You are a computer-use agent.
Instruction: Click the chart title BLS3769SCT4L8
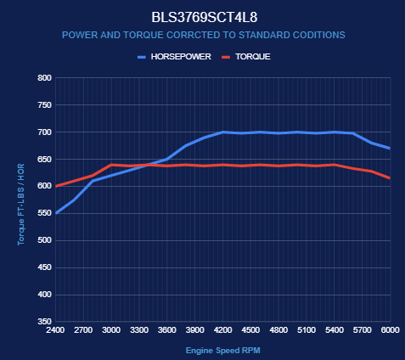205,17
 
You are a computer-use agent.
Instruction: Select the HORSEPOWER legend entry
174,57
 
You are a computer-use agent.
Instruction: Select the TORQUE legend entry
246,57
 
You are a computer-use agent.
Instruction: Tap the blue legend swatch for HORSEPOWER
142,57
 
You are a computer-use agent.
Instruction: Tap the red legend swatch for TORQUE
226,57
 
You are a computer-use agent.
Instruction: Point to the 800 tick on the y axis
45,78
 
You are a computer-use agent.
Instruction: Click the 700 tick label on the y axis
45,132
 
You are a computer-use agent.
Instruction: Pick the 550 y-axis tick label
45,213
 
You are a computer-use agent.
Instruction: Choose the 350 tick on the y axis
45,322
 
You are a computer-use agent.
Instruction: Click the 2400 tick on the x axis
55,330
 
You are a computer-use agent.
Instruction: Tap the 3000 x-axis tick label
111,330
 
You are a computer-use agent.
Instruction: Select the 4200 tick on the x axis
223,330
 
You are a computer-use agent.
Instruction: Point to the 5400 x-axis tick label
335,330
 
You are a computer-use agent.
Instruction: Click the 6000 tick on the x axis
391,330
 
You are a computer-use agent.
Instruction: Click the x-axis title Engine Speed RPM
223,351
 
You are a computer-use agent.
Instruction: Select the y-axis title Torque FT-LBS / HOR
21,205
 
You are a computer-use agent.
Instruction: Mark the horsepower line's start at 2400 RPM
56,213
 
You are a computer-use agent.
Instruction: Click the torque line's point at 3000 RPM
111,165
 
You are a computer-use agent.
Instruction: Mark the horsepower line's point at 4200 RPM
223,132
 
